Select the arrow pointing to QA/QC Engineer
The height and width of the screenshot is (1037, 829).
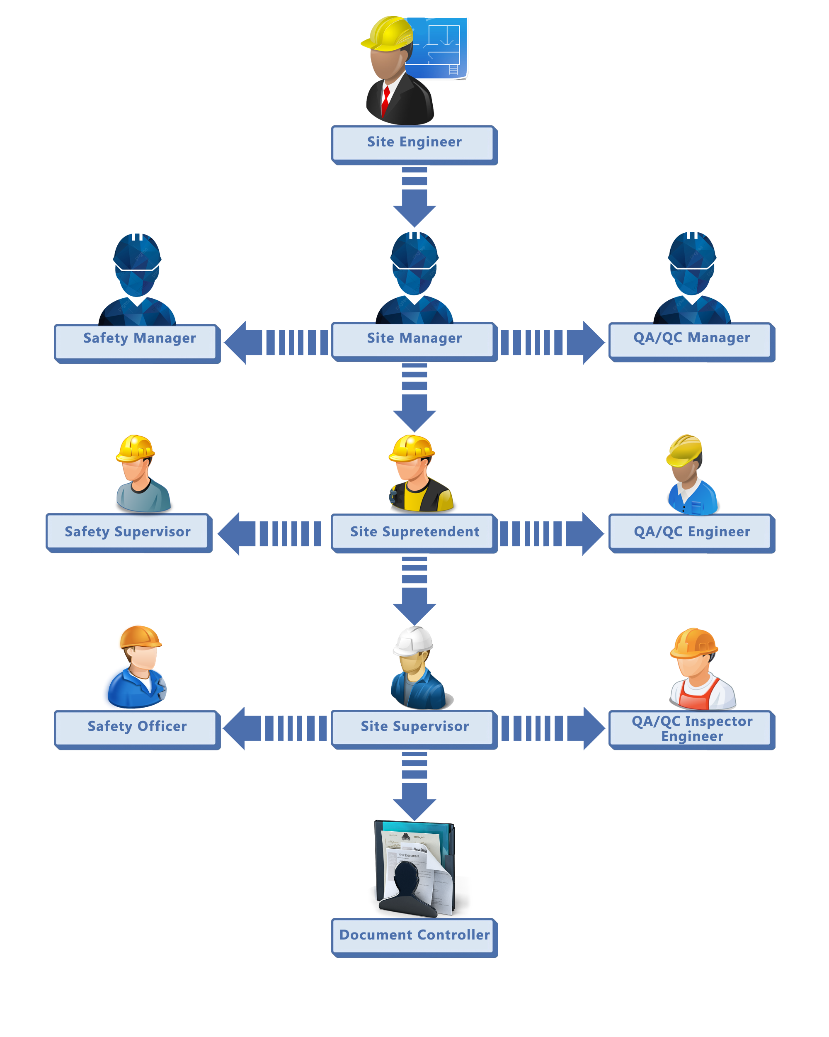pyautogui.click(x=553, y=533)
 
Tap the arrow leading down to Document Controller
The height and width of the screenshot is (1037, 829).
pyautogui.click(x=414, y=786)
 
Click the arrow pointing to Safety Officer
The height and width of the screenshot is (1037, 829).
pyautogui.click(x=274, y=728)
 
